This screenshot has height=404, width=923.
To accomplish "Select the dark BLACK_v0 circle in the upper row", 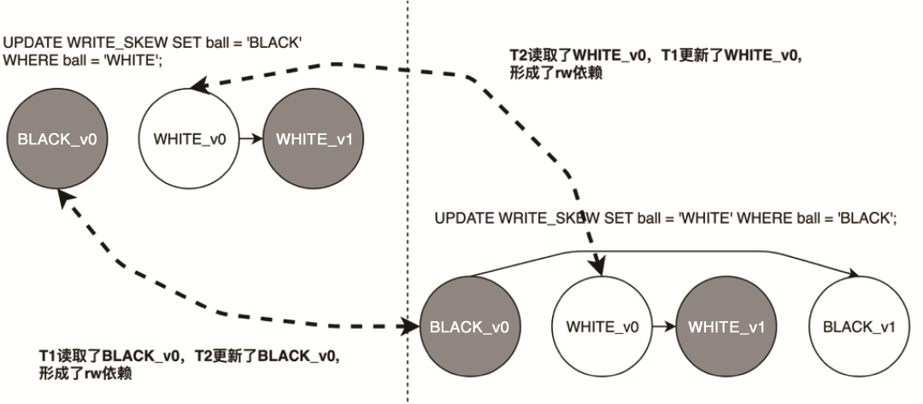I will pos(56,139).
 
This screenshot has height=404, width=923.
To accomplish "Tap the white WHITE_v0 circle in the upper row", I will pos(189,139).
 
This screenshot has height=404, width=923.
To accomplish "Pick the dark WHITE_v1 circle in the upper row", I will pos(315,139).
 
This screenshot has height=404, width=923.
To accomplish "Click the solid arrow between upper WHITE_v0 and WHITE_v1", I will pos(252,139).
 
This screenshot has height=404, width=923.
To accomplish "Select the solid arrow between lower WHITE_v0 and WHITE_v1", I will pos(660,326).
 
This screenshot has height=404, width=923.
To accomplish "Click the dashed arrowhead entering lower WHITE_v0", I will pos(597,269).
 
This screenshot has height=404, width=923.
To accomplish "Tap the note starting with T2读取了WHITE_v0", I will pos(654,65).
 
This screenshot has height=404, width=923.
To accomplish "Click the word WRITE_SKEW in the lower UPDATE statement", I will pos(530,218).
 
